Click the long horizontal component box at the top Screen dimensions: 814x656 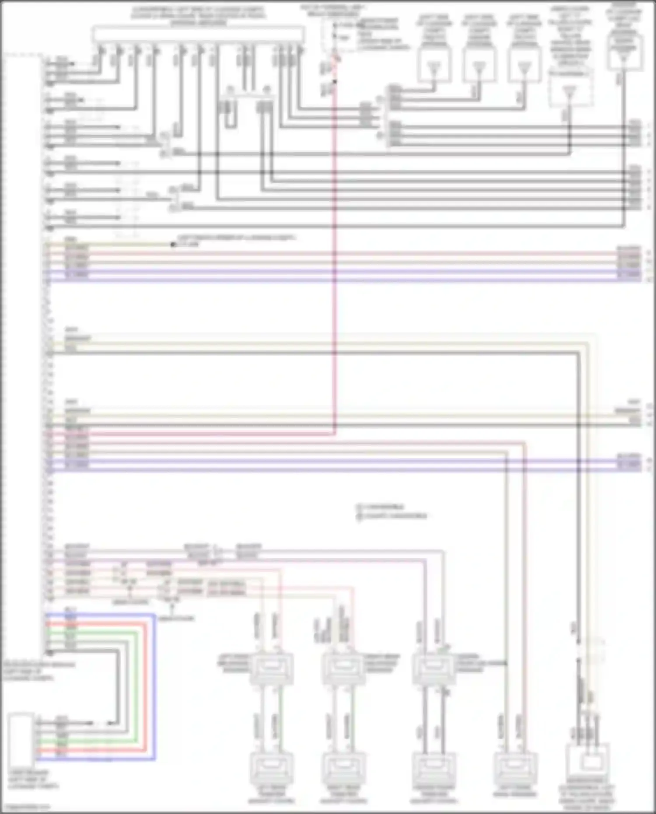pos(198,34)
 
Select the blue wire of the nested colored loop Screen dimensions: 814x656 pos(154,687)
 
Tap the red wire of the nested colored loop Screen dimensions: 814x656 pos(146,687)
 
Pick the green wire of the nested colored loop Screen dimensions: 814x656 pos(137,687)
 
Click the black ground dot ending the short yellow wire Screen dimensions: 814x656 pos(173,245)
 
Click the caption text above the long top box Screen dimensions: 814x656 pos(198,16)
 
